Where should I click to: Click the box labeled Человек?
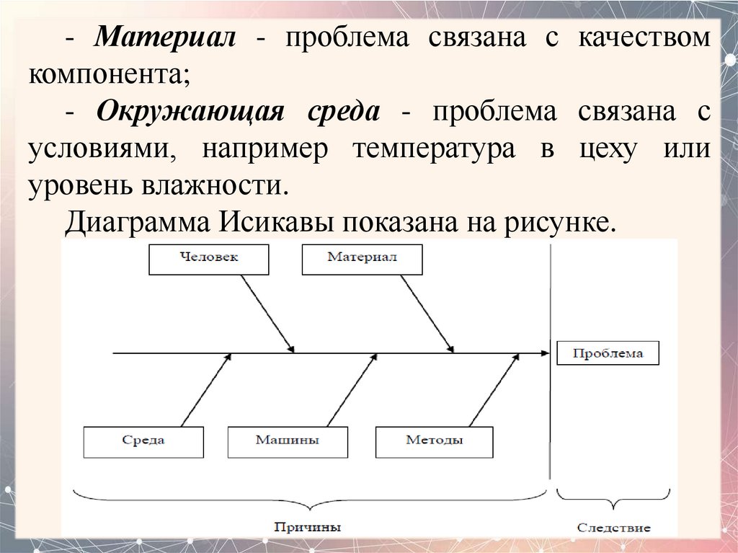(208, 260)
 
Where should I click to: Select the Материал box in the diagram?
(362, 260)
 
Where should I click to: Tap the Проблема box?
(608, 353)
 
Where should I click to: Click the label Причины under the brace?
(308, 527)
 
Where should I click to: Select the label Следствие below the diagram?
(613, 528)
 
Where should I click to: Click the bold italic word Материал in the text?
(166, 39)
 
